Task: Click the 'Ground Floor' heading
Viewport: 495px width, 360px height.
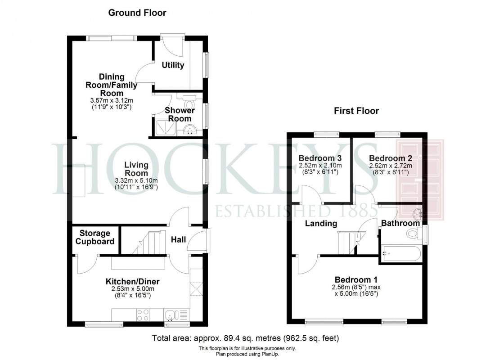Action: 137,13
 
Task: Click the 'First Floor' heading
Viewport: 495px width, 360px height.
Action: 356,111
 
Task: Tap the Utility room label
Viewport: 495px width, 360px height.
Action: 173,65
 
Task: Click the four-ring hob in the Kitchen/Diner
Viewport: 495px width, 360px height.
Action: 143,315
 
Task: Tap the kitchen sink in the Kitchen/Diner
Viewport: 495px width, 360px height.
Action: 173,315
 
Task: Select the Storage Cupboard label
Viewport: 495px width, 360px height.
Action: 95,237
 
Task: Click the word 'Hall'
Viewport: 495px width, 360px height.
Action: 178,240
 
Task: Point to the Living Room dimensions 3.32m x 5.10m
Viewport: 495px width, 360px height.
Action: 136,184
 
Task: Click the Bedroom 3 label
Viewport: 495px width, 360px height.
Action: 320,158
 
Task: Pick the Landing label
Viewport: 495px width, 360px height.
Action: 321,224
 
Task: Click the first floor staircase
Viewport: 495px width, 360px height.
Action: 348,243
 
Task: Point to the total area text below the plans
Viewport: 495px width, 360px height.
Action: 246,338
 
